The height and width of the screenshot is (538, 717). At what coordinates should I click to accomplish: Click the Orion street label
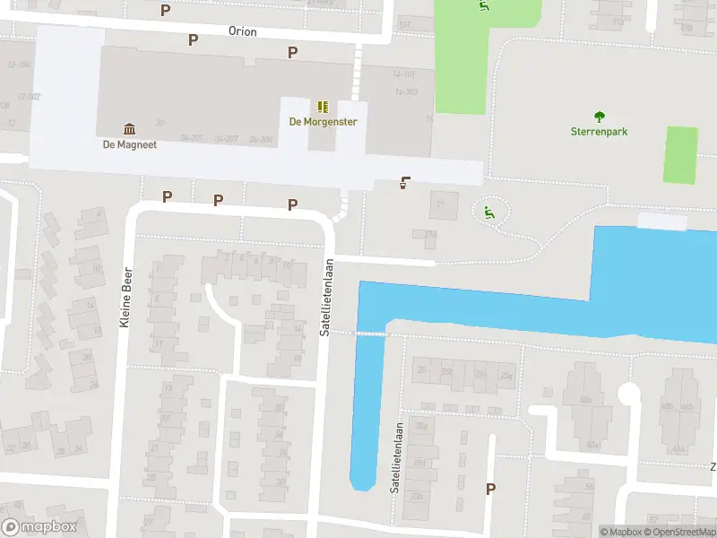(x=242, y=31)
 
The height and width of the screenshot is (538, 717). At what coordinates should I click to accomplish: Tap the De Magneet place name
(x=130, y=144)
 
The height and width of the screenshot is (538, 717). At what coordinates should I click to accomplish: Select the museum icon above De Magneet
(x=130, y=128)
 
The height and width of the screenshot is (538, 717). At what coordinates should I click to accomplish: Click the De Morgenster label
(x=323, y=122)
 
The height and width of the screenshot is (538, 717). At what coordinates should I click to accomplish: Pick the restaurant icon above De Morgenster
(x=323, y=106)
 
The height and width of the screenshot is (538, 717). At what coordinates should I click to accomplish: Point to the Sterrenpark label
(x=599, y=131)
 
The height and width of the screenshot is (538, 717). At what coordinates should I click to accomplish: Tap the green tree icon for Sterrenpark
(x=599, y=116)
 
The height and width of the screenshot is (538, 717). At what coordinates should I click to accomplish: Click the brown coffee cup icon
(x=405, y=183)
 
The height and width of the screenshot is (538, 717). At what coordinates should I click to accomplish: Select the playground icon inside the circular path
(x=488, y=213)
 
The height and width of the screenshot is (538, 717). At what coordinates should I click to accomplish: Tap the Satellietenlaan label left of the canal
(x=328, y=297)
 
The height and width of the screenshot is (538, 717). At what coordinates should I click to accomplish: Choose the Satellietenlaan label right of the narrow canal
(x=394, y=458)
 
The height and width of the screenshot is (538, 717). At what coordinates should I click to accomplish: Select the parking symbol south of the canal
(x=490, y=489)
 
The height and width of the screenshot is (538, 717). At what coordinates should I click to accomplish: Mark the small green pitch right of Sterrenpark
(x=680, y=155)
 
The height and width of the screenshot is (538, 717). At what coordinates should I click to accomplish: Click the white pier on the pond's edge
(x=661, y=221)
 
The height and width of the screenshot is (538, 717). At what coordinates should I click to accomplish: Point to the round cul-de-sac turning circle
(x=630, y=393)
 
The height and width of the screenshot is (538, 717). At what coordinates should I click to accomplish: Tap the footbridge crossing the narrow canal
(x=371, y=333)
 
